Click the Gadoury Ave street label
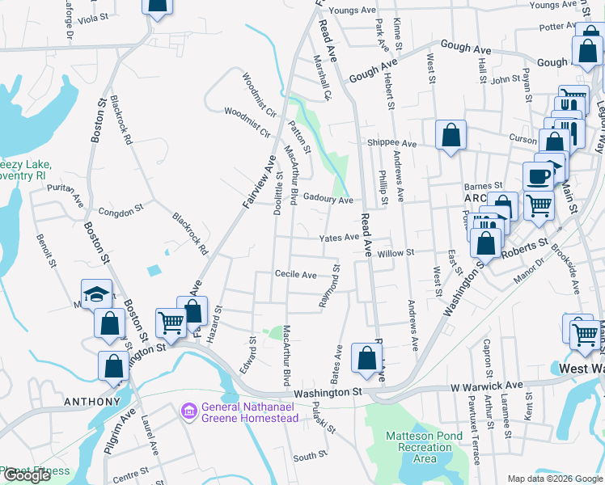(x=328, y=200)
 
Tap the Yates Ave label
(x=339, y=238)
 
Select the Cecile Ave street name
(x=295, y=275)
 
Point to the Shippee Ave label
(x=391, y=144)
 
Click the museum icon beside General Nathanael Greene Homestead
(x=190, y=411)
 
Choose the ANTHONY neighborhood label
(x=93, y=402)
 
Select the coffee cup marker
(x=538, y=176)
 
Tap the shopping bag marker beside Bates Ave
(x=366, y=361)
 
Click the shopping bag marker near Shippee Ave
(x=451, y=135)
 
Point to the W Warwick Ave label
(x=488, y=386)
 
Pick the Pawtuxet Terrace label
(x=476, y=436)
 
